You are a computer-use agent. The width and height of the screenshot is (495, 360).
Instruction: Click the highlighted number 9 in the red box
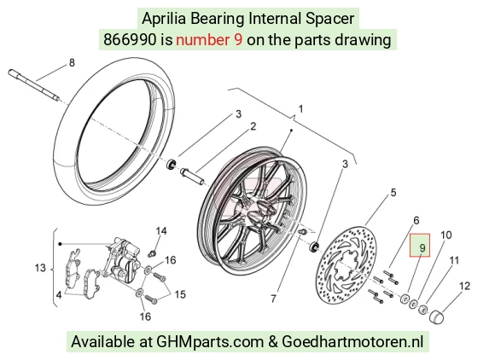click(x=422, y=248)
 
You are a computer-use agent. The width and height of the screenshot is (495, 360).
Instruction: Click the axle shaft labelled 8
click(x=34, y=85)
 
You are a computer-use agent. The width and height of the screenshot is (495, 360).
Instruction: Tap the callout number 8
click(x=72, y=63)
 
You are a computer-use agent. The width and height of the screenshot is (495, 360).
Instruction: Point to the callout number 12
click(x=464, y=286)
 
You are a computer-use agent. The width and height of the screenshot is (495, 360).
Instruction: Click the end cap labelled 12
click(x=437, y=316)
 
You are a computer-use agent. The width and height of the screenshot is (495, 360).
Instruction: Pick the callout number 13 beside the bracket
click(x=40, y=268)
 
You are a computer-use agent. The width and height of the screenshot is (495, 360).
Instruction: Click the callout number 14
click(x=161, y=231)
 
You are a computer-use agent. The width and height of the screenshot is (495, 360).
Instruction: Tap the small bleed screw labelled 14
click(x=152, y=253)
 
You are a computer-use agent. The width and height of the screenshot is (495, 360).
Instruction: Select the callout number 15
click(x=180, y=294)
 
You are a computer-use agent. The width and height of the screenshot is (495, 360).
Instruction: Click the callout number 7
click(x=273, y=299)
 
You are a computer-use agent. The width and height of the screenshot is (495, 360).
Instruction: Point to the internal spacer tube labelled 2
click(x=192, y=177)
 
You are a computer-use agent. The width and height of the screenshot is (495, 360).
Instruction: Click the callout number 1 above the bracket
click(x=300, y=109)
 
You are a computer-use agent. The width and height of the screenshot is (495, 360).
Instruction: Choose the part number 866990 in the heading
click(x=130, y=40)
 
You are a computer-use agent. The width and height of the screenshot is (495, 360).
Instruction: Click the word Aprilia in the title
click(x=164, y=18)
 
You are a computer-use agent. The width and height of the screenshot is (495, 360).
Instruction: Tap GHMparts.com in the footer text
click(x=210, y=342)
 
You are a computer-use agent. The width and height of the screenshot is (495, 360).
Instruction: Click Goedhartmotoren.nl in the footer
click(x=352, y=341)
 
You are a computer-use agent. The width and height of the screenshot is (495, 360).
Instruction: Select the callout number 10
click(x=446, y=235)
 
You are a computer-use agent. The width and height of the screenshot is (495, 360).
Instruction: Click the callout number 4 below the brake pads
click(x=59, y=295)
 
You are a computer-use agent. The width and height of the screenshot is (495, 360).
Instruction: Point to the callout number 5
click(x=393, y=193)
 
